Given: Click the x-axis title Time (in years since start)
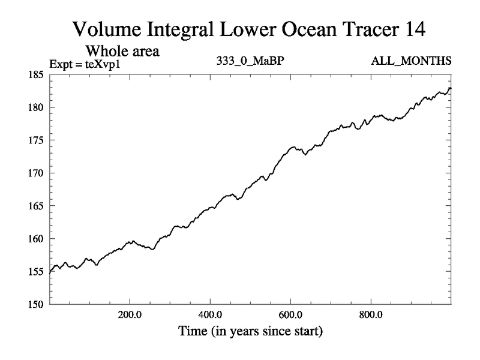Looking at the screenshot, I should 250,331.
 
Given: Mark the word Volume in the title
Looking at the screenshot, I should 107,28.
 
